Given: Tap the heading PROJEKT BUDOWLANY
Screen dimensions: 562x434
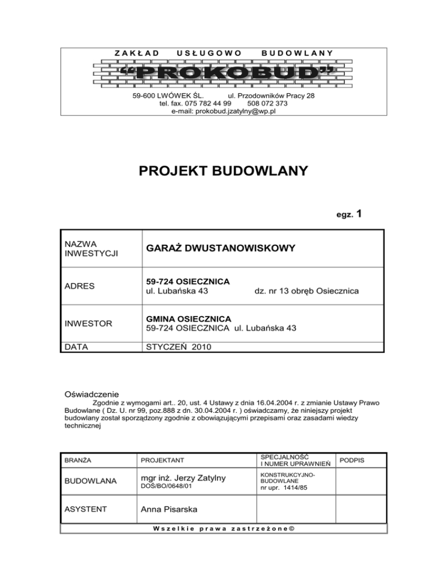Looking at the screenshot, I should [x=223, y=170].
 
